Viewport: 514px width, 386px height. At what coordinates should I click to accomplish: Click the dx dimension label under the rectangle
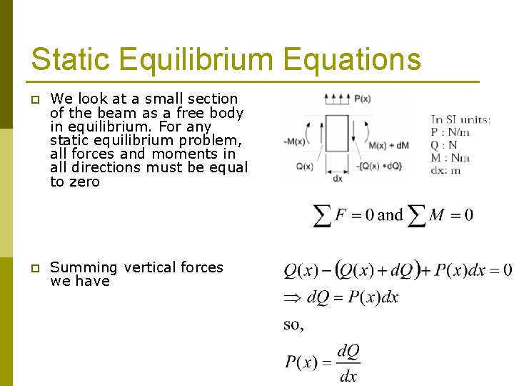pyautogui.click(x=338, y=179)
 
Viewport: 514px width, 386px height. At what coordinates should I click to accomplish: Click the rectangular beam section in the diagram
pyautogui.click(x=337, y=134)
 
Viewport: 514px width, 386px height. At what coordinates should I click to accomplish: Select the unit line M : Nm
pyautogui.click(x=449, y=158)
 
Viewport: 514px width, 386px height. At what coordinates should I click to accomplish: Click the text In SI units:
pyautogui.click(x=460, y=119)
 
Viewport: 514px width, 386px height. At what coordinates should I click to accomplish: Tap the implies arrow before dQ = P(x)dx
pyautogui.click(x=293, y=297)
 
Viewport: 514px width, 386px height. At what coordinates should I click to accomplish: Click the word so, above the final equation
pyautogui.click(x=293, y=325)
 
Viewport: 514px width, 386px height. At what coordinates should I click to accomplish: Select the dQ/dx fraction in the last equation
pyautogui.click(x=348, y=363)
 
